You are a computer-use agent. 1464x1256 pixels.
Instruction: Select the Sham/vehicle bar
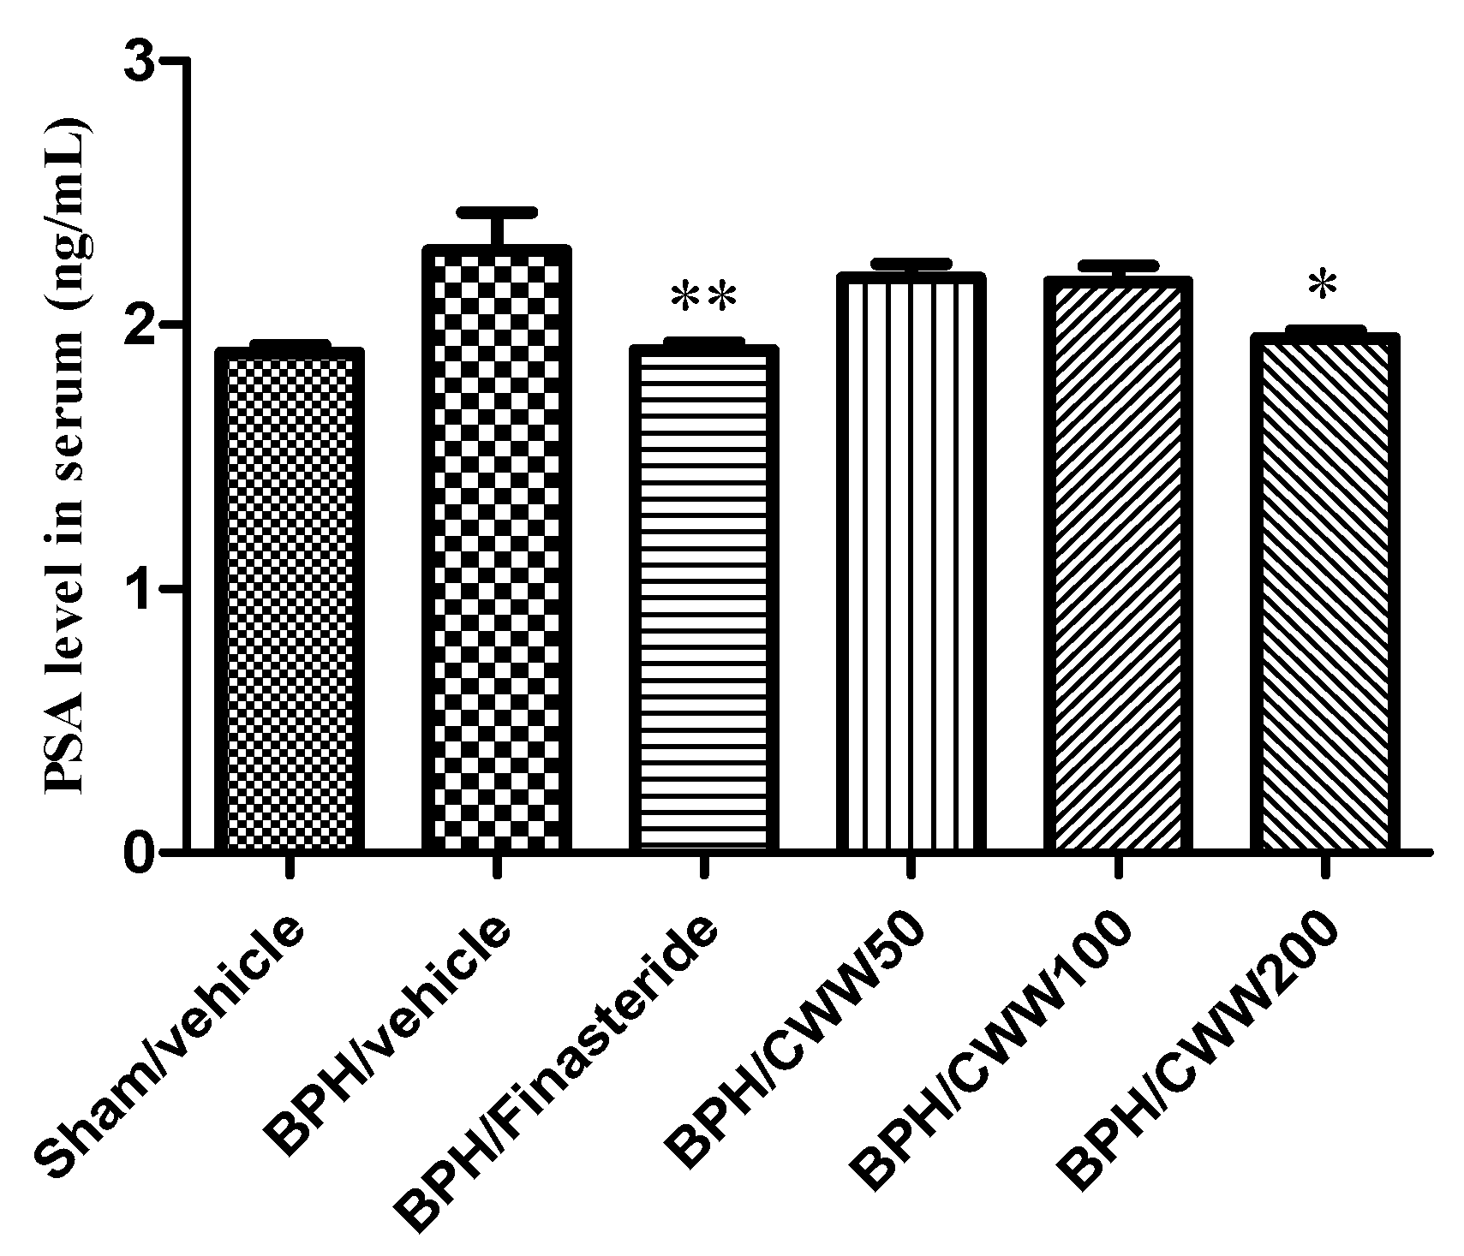tap(290, 599)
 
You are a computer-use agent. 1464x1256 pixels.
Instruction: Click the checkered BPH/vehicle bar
tap(497, 548)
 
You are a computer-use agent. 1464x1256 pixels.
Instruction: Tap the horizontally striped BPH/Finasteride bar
tap(703, 599)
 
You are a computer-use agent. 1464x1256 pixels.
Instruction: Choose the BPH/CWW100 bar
tap(1117, 565)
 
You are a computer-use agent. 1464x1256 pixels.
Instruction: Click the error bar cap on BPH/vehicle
tap(497, 211)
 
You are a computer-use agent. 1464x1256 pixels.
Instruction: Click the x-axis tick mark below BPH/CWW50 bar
tap(911, 866)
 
